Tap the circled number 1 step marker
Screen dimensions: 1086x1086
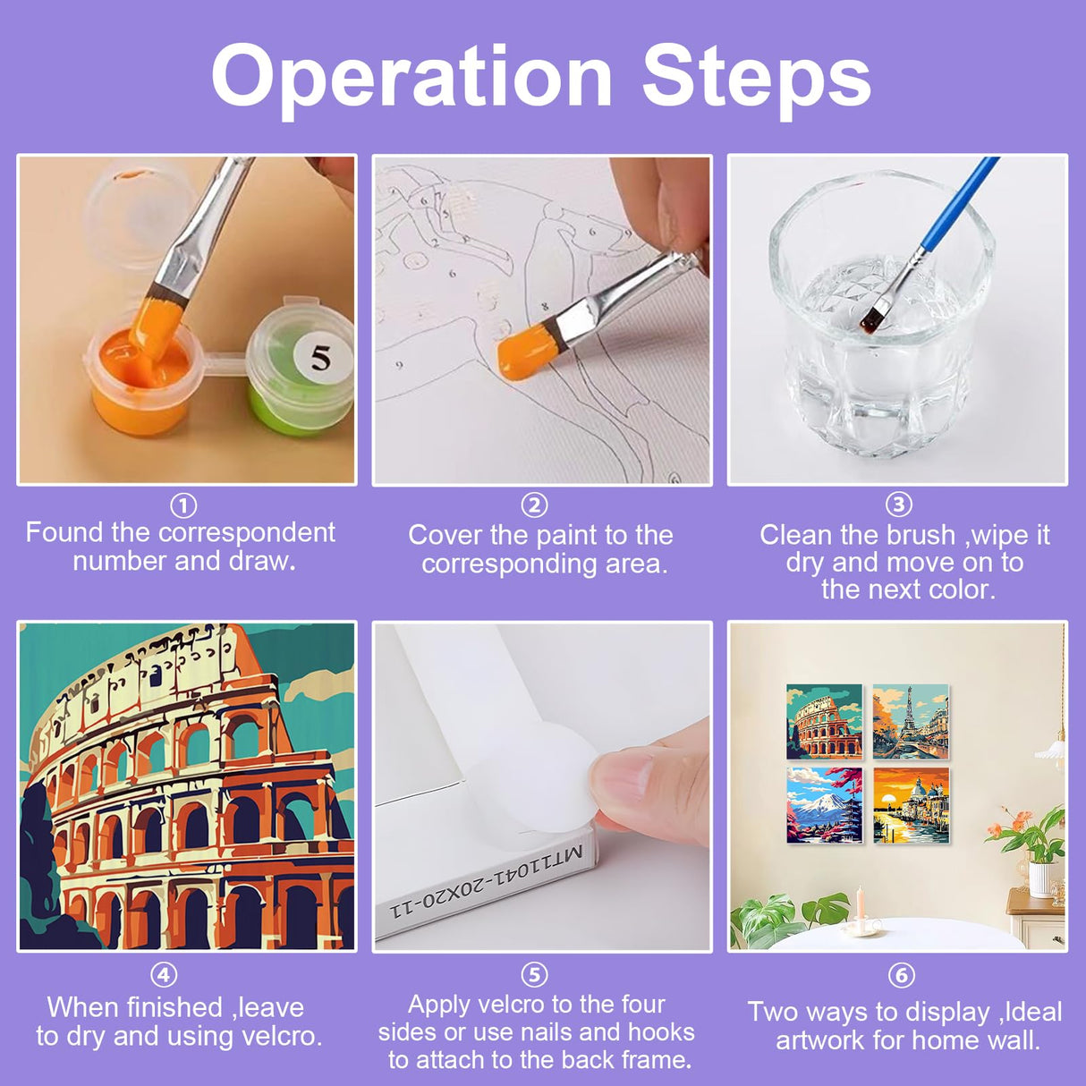[183, 505]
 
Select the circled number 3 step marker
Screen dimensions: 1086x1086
[899, 505]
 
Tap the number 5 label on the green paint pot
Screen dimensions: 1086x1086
[320, 359]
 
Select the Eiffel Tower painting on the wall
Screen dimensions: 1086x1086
[911, 722]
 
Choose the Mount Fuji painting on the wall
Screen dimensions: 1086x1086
[824, 805]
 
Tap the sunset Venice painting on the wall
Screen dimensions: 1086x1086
[911, 805]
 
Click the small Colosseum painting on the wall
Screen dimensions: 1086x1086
[824, 722]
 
